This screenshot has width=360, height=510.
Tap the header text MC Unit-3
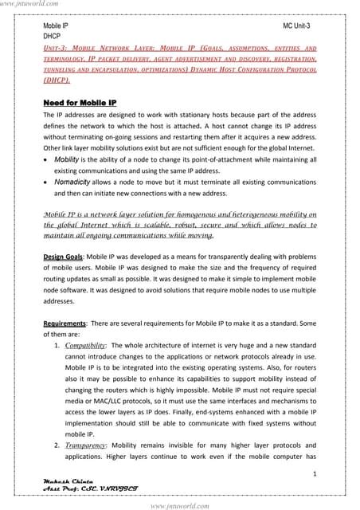pyautogui.click(x=299, y=26)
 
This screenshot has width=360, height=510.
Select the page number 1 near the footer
pyautogui.click(x=315, y=474)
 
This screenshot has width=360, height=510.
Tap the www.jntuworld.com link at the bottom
pyautogui.click(x=180, y=504)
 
